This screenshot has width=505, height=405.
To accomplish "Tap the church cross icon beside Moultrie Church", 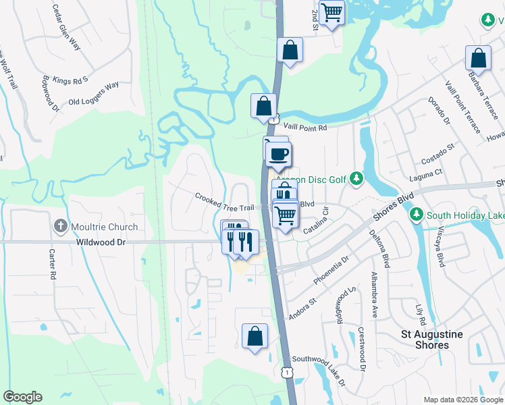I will [60, 227].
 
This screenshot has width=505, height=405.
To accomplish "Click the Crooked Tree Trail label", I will [225, 202].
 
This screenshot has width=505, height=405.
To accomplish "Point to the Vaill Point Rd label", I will [304, 127].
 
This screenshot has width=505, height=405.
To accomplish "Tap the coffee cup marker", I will [278, 153].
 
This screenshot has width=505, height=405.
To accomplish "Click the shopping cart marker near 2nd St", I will [331, 12].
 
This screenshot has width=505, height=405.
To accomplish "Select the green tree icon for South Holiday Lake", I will [416, 215].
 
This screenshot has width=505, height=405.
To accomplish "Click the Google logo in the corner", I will [22, 397].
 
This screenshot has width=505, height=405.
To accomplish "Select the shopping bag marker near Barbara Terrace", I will [478, 59].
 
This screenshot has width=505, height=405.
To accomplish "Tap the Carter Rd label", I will [51, 264].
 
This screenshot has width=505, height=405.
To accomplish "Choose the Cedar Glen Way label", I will [66, 27].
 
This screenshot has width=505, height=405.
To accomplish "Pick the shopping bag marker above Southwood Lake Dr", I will [255, 336].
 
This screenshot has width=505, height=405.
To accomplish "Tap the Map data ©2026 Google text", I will [462, 400].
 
